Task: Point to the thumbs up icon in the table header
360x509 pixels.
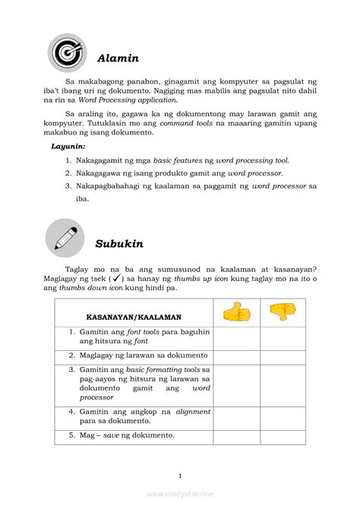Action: point(235,311)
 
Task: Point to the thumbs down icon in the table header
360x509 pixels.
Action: point(283,311)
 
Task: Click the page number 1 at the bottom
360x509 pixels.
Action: point(180,476)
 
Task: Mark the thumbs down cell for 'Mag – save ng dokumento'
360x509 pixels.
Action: point(283,435)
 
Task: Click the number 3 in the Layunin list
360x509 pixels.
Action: point(68,186)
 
